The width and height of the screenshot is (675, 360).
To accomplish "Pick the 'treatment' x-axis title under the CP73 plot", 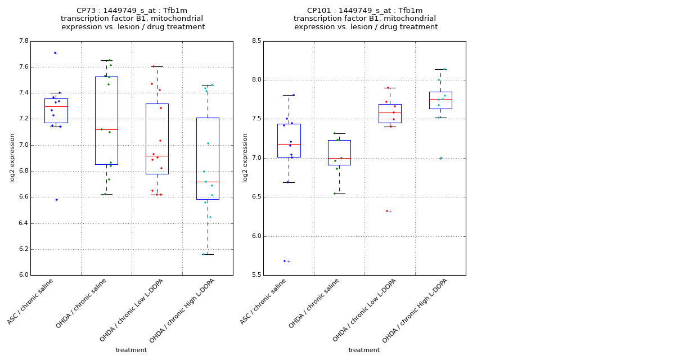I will tap(131, 350).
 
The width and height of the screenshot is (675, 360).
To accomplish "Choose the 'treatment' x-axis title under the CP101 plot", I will tap(364, 350).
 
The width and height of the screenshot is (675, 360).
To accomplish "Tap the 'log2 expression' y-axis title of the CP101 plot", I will tap(245, 157).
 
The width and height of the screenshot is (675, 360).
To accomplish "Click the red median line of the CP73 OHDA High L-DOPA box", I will tap(208, 182).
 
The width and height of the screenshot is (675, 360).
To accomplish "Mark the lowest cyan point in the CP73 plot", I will tap(204, 254).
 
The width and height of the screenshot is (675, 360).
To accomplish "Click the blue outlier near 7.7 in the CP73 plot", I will tap(55, 53).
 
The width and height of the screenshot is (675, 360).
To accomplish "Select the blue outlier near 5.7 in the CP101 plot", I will tap(285, 261).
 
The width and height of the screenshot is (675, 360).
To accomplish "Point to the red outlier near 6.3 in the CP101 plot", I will tap(387, 211).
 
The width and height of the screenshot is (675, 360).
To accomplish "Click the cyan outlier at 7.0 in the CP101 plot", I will tap(441, 158).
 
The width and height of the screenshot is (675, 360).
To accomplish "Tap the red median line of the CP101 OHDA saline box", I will tap(339, 158).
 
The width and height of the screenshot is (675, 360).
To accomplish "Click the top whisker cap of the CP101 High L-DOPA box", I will tap(440, 69).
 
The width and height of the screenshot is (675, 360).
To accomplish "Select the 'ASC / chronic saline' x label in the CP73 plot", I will tap(31, 301).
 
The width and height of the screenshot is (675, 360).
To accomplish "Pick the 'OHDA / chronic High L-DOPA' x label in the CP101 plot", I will tap(415, 310).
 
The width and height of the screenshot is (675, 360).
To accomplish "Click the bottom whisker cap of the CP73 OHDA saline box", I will tap(106, 194).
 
